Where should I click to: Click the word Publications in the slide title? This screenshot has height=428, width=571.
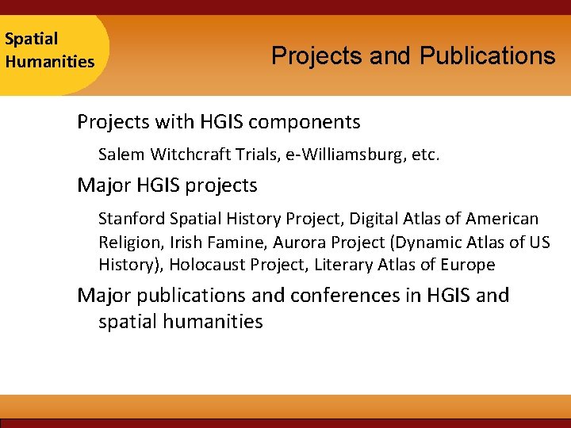pos(487,56)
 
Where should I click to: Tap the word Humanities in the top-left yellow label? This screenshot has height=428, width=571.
pos(49,61)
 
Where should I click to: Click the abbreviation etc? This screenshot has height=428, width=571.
pos(426,154)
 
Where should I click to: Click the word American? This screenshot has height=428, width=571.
pos(502,218)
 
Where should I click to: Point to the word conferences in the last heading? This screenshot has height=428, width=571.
pos(354,296)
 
